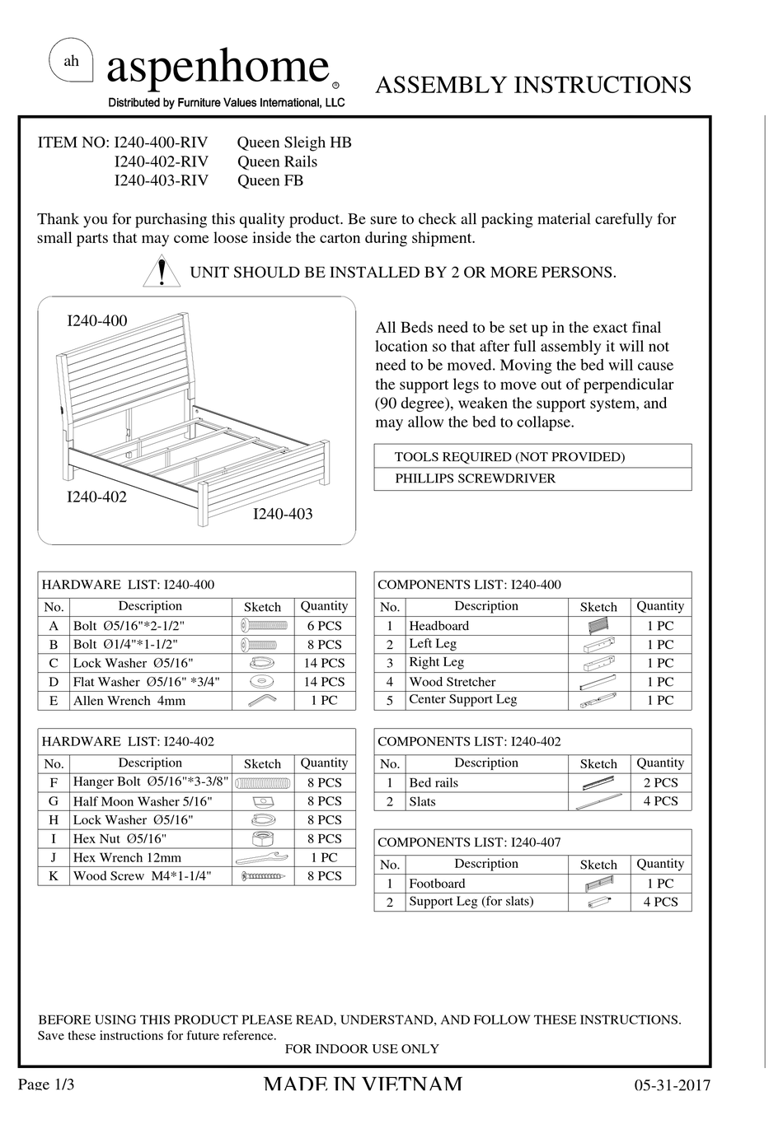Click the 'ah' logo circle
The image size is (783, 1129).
click(x=72, y=61)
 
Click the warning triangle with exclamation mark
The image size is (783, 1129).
click(x=162, y=272)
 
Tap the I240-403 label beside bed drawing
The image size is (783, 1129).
click(x=282, y=514)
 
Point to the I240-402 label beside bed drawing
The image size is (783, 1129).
click(x=96, y=497)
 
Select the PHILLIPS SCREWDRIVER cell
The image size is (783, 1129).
click(x=475, y=478)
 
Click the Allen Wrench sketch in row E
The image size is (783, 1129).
click(x=263, y=700)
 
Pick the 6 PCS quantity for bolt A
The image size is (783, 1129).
click(x=324, y=626)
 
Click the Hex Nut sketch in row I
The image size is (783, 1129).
click(x=263, y=838)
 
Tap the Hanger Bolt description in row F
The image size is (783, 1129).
click(x=150, y=782)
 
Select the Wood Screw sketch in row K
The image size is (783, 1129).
click(x=263, y=876)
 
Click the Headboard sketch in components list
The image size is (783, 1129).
click(x=598, y=626)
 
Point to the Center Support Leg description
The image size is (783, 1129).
click(x=462, y=699)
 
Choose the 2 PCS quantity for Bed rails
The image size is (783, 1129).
click(x=660, y=782)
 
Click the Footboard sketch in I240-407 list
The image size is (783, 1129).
click(x=598, y=884)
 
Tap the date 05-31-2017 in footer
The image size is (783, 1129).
click(x=672, y=1085)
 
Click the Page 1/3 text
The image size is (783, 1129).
click(x=46, y=1084)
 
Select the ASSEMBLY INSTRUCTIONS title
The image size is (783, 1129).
click(x=532, y=86)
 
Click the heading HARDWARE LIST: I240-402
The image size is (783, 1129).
click(x=128, y=741)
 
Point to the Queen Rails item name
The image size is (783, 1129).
click(x=277, y=161)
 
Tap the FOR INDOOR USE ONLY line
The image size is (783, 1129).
click(x=362, y=1049)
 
